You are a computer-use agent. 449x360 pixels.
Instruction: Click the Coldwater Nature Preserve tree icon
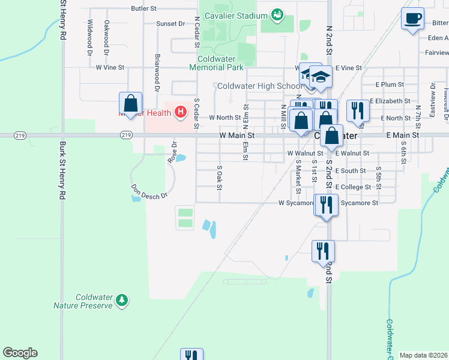(x=122, y=299)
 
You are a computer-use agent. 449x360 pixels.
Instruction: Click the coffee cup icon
(x=412, y=19)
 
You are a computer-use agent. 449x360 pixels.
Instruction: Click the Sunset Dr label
(x=170, y=24)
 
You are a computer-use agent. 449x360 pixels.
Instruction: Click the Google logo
(x=20, y=353)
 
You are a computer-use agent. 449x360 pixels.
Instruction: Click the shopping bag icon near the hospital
(x=130, y=103)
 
